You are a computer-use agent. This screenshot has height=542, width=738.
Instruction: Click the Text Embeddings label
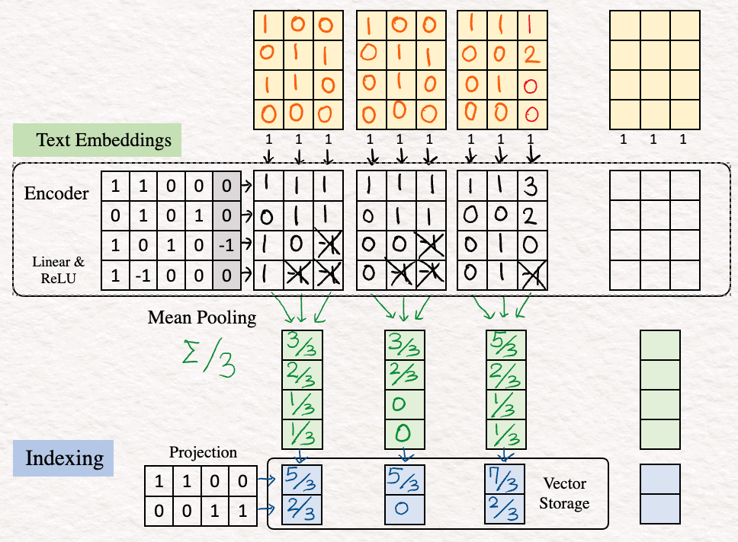pos(104,140)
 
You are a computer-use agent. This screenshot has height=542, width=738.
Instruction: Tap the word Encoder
pos(56,193)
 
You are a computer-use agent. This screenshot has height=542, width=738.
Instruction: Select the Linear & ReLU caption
pos(59,270)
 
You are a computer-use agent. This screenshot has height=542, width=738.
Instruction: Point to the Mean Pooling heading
pos(202,317)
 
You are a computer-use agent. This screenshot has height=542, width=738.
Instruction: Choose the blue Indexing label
pos(64,458)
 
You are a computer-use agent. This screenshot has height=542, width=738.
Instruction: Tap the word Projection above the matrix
pos(203,452)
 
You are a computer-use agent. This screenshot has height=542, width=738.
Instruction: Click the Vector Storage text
pos(564,493)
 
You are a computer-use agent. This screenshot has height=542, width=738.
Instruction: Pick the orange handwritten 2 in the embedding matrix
pos(532,55)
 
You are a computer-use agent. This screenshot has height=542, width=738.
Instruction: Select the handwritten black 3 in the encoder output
pos(531,186)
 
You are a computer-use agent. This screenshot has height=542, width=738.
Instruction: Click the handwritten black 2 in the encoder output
pos(530,216)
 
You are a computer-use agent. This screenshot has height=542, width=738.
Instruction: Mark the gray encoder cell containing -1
pos(227,245)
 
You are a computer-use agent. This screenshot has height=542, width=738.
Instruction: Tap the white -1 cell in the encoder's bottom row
pos(143,276)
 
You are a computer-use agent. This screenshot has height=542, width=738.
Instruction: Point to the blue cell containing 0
pos(405,509)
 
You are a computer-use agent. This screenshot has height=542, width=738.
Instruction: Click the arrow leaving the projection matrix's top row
pos(266,480)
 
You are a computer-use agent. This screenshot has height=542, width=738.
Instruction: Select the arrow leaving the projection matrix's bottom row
pos(266,509)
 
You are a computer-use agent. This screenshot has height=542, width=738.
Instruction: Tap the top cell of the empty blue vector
pos(660,480)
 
